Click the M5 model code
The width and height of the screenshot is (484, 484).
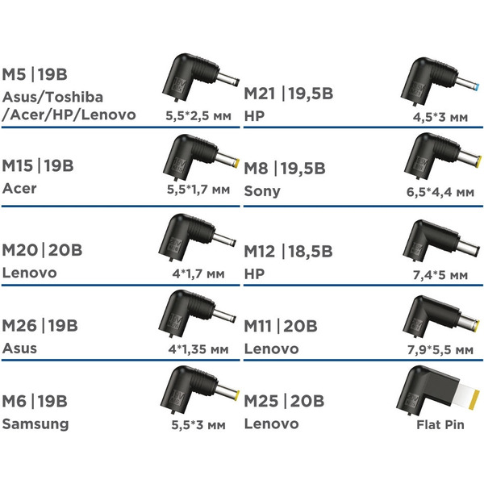tap(14, 74)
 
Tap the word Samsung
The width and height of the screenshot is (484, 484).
tap(35, 424)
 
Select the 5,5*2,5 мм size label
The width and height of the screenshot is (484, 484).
tap(198, 115)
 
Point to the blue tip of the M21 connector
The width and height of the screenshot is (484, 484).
tap(478, 86)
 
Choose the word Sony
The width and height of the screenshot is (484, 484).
tap(262, 191)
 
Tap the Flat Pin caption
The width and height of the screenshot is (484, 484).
tap(440, 425)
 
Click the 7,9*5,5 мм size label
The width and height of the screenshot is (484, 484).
tap(440, 350)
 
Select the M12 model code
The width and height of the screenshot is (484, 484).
tap(259, 252)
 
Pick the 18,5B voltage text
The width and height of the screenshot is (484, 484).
tap(311, 252)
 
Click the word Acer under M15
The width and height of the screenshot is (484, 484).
tap(19, 188)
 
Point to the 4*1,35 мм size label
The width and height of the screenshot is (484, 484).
tap(198, 349)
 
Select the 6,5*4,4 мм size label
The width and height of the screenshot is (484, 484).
tap(440, 192)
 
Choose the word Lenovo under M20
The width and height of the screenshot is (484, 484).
tap(30, 273)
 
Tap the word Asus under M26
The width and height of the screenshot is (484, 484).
tap(19, 348)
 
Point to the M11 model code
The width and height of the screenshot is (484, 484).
tap(258, 327)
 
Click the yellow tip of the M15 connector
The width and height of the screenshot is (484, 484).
tap(237, 163)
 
